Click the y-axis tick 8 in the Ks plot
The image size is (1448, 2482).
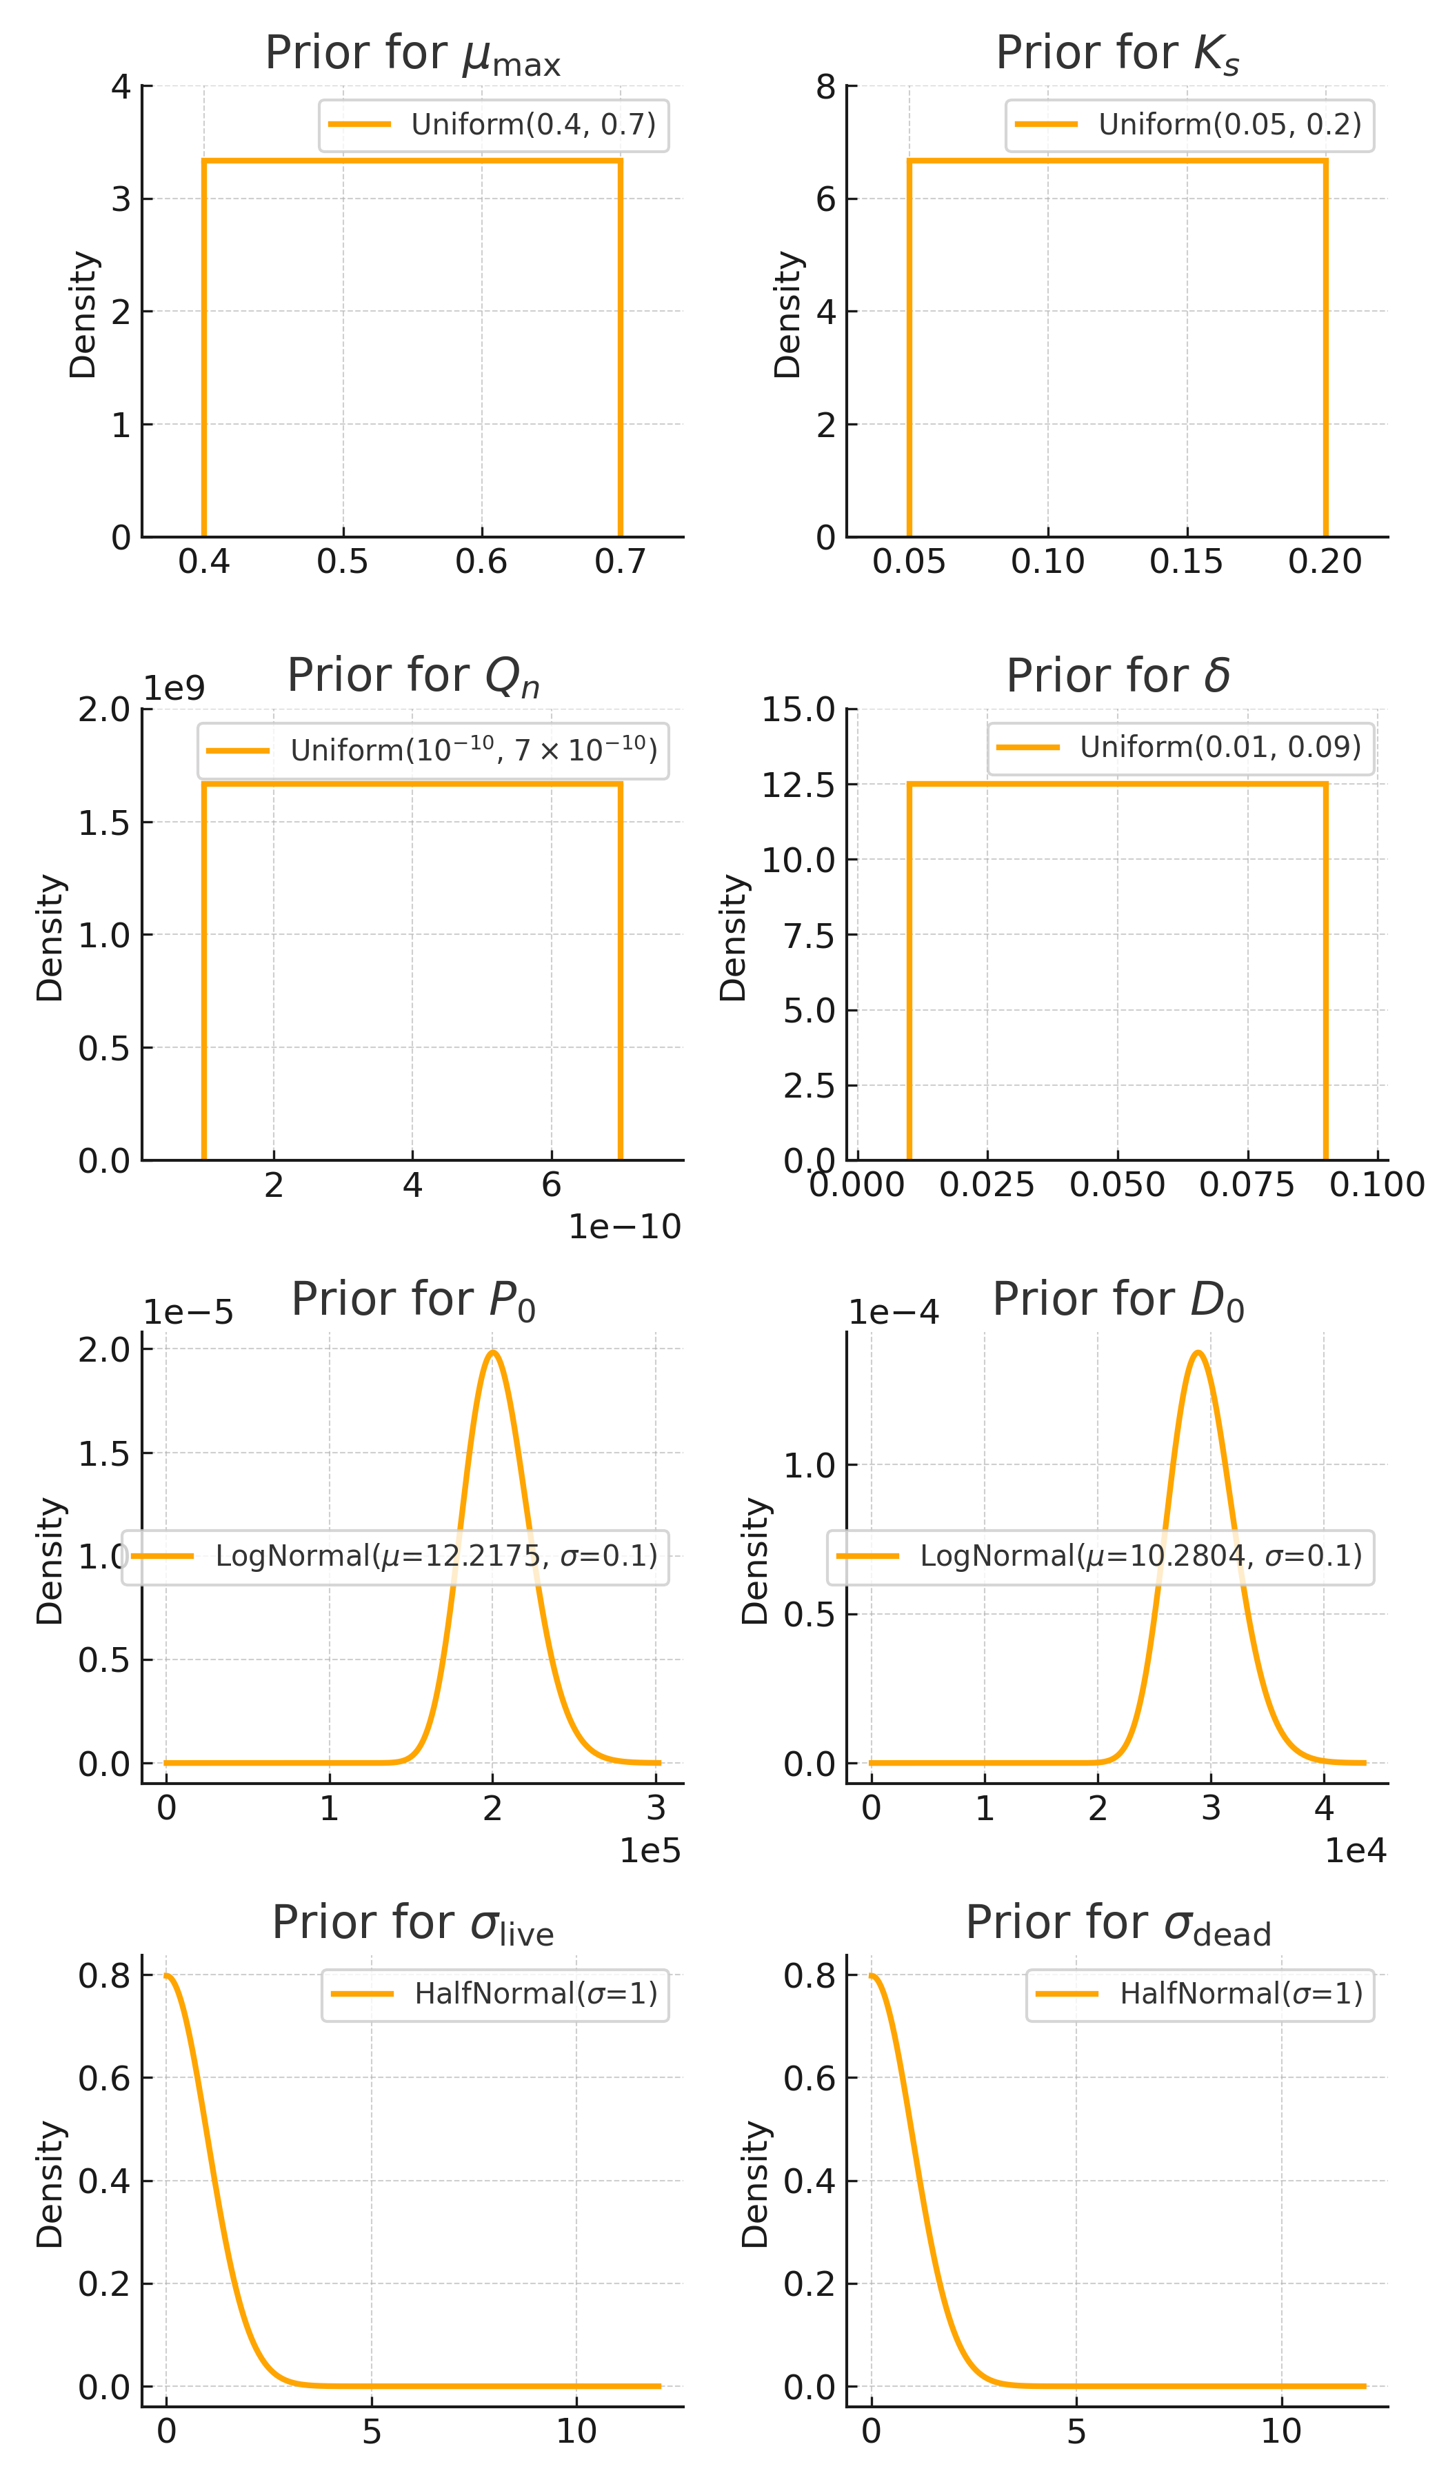[825, 88]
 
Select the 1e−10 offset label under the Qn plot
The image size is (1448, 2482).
[625, 1227]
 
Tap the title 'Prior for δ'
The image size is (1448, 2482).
[1117, 676]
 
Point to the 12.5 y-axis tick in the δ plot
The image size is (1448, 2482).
[798, 785]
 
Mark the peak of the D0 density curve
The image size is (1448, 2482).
[1198, 1351]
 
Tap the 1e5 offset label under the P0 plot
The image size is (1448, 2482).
[649, 1850]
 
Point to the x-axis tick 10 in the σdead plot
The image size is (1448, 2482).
[1280, 2432]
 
